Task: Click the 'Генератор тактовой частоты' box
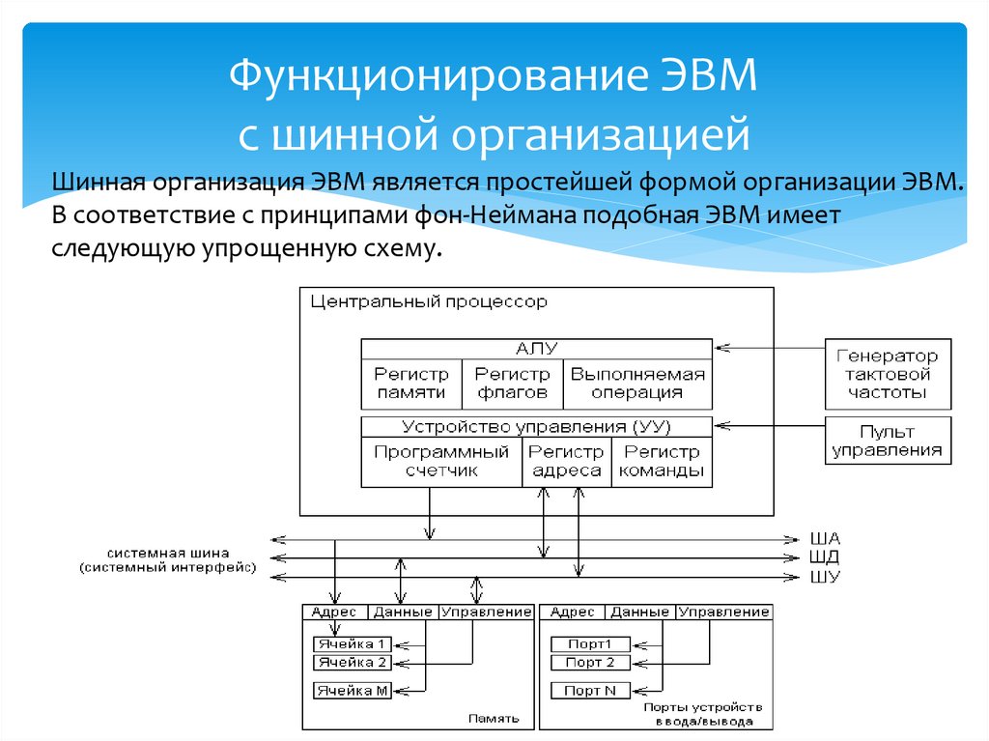pyautogui.click(x=888, y=374)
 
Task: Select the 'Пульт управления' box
pyautogui.click(x=888, y=441)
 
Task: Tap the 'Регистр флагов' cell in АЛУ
pyautogui.click(x=512, y=383)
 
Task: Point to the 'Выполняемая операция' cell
pyautogui.click(x=637, y=383)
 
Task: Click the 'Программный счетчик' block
pyautogui.click(x=441, y=462)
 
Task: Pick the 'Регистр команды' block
pyautogui.click(x=662, y=462)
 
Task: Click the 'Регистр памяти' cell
pyautogui.click(x=411, y=383)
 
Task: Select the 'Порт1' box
pyautogui.click(x=589, y=644)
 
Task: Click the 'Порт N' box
pyautogui.click(x=589, y=691)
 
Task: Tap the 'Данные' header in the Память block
pyautogui.click(x=402, y=612)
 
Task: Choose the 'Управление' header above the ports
pyautogui.click(x=724, y=612)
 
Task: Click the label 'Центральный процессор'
pyautogui.click(x=428, y=302)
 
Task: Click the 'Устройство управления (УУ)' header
pyautogui.click(x=536, y=426)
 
